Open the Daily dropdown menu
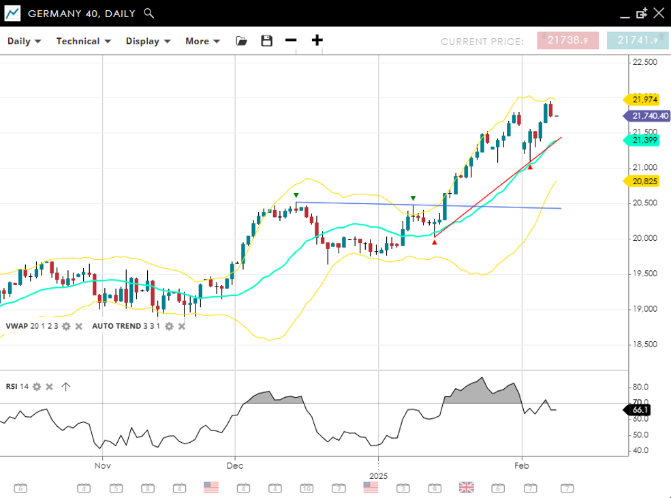(24, 41)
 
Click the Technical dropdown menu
(83, 41)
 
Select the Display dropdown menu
(147, 41)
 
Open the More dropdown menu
(202, 41)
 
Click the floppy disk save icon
(266, 41)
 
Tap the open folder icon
(241, 41)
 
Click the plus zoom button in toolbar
(317, 40)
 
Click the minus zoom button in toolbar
(291, 40)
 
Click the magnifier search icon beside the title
(149, 13)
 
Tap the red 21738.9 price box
(567, 40)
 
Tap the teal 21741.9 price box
(638, 40)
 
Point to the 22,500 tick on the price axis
(644, 62)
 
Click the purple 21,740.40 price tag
(647, 116)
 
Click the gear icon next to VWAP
(66, 326)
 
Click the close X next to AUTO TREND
(182, 326)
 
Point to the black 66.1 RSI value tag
(640, 410)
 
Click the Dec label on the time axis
(235, 465)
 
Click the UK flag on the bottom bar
(467, 487)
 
